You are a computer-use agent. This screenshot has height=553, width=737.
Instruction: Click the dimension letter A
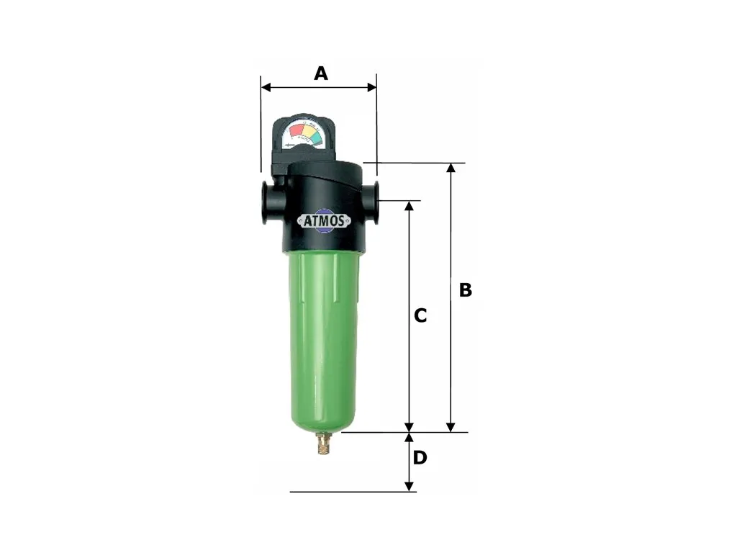pyautogui.click(x=320, y=73)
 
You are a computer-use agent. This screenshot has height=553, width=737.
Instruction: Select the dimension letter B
pyautogui.click(x=466, y=289)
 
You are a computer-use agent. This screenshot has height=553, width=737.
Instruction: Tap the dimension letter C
pyautogui.click(x=420, y=315)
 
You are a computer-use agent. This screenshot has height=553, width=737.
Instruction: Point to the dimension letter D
pyautogui.click(x=420, y=457)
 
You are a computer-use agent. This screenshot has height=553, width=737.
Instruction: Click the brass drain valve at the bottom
pyautogui.click(x=322, y=445)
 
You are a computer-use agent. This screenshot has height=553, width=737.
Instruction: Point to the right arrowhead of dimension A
pyautogui.click(x=372, y=87)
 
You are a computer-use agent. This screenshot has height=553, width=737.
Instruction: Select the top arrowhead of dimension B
pyautogui.click(x=451, y=168)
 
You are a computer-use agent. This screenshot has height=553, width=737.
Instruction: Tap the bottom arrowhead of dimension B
pyautogui.click(x=451, y=428)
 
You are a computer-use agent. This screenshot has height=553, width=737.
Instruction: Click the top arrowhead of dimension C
pyautogui.click(x=410, y=206)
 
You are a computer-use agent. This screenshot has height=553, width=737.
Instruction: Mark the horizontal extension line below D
pyautogui.click(x=345, y=492)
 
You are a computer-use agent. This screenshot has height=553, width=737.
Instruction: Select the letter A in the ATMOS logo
pyautogui.click(x=306, y=221)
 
